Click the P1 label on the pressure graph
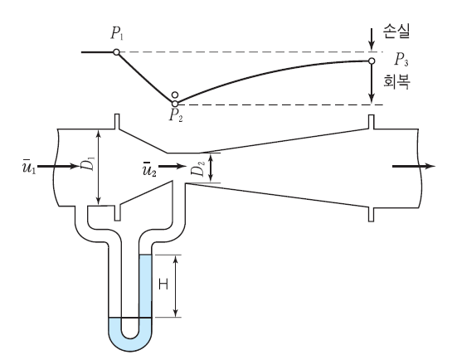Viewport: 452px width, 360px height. pyautogui.click(x=117, y=34)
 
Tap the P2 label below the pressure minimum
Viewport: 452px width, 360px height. pyautogui.click(x=176, y=115)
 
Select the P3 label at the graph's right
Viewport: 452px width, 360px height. pyautogui.click(x=401, y=60)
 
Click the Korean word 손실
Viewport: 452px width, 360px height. pyautogui.click(x=396, y=31)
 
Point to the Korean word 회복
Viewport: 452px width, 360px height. pyautogui.click(x=397, y=81)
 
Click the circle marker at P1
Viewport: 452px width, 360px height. pyautogui.click(x=116, y=52)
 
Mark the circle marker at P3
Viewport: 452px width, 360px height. pyautogui.click(x=372, y=61)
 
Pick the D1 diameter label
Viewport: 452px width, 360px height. pyautogui.click(x=90, y=163)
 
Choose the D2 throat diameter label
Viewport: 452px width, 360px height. pyautogui.click(x=198, y=168)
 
